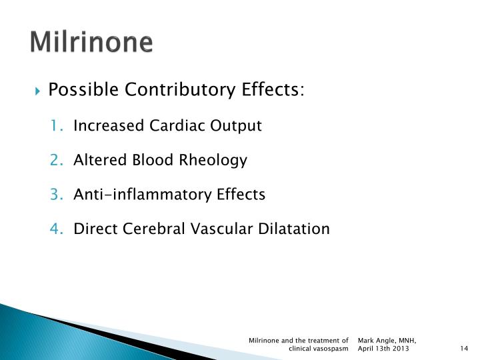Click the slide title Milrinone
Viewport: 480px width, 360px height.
click(92, 42)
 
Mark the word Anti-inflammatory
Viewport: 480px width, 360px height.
click(143, 195)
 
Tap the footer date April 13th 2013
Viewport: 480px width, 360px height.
click(384, 349)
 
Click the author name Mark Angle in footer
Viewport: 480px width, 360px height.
click(375, 341)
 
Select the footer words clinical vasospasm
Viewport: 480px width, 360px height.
click(319, 349)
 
